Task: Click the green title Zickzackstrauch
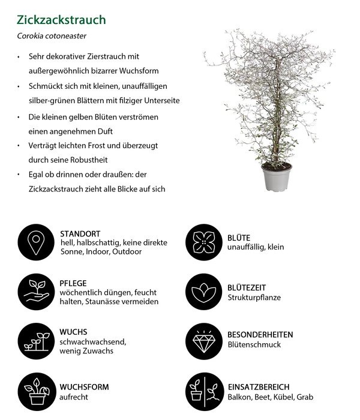[x=61, y=20]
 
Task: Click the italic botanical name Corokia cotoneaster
[x=50, y=36]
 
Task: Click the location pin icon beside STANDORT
[x=37, y=242]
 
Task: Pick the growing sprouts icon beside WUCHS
[x=37, y=340]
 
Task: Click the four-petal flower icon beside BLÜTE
[x=204, y=242]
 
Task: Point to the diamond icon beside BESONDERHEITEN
[x=204, y=340]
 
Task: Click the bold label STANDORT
[x=80, y=233]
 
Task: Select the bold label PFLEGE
[x=74, y=283]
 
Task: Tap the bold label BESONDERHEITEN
[x=260, y=334]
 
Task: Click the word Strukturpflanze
[x=254, y=297]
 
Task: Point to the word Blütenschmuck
[x=254, y=345]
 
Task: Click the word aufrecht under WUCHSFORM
[x=74, y=397]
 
